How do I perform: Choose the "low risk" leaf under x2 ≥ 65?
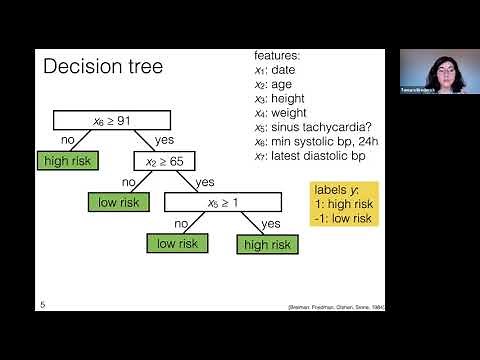[x=119, y=201]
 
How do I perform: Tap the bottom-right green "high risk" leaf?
[x=267, y=243]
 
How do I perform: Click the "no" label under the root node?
[x=69, y=141]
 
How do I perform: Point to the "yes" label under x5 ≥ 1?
[x=270, y=224]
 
